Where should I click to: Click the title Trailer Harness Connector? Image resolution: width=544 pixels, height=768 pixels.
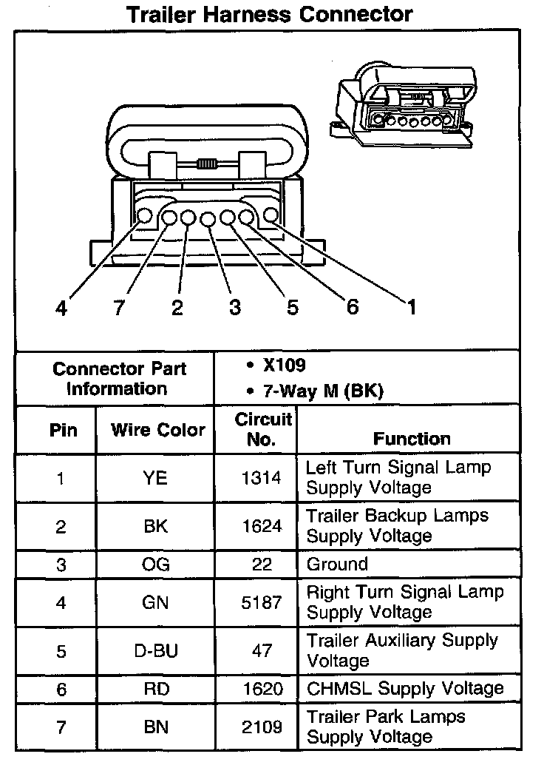(270, 14)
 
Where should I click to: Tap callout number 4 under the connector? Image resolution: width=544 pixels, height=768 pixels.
(61, 307)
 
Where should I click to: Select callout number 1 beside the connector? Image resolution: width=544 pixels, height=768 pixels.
(410, 306)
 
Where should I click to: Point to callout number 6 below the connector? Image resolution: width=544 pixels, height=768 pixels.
(353, 306)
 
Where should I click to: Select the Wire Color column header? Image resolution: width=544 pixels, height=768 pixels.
(157, 430)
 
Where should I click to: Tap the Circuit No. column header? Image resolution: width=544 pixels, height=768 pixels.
(262, 429)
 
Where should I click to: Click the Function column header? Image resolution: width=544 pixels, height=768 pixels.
(411, 438)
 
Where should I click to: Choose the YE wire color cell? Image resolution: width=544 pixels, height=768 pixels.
(155, 478)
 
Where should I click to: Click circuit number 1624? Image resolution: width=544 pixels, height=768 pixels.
(262, 526)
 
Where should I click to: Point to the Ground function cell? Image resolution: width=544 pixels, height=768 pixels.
(336, 565)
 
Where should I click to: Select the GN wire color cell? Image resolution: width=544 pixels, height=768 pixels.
(155, 602)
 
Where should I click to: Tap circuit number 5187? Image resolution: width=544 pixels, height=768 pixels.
(262, 602)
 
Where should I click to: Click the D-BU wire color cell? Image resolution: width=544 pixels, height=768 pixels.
(155, 651)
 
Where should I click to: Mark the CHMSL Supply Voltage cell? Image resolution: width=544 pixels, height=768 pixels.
(405, 688)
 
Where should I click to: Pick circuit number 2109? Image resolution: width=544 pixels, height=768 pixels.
(262, 727)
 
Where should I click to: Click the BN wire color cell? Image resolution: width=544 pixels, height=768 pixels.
(155, 727)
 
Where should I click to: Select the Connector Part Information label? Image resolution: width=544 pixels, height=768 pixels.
(119, 378)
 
